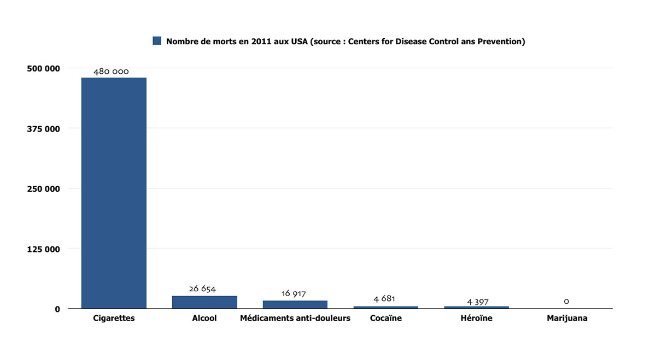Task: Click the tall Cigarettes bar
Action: (x=114, y=193)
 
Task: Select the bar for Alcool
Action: (x=204, y=302)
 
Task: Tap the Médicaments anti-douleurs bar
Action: (x=295, y=304)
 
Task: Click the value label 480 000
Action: (x=111, y=72)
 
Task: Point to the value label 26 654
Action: (x=203, y=289)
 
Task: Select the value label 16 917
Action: (x=294, y=294)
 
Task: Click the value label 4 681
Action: (x=384, y=299)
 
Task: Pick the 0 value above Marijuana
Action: (x=566, y=301)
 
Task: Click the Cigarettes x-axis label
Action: (x=114, y=318)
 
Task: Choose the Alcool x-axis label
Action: (x=204, y=318)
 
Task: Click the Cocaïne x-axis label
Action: (x=386, y=318)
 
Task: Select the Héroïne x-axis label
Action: (x=476, y=318)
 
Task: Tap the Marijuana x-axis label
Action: (x=567, y=318)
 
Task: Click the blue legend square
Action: (x=157, y=41)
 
